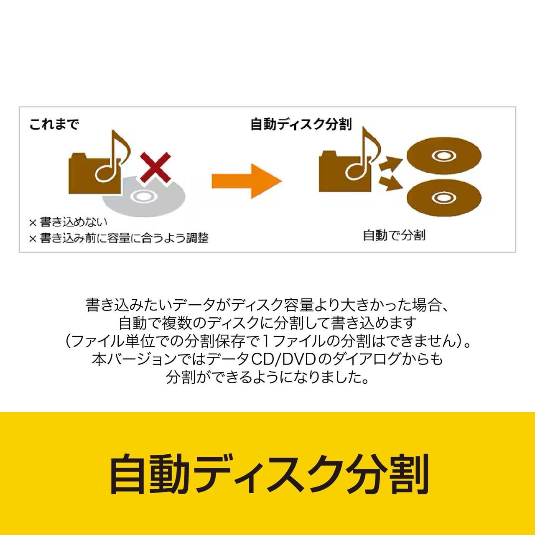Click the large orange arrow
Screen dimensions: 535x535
coord(247,181)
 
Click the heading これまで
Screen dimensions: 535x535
coord(54,124)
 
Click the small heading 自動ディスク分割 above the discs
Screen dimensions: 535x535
coord(301,124)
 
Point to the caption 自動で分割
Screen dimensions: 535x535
coord(394,235)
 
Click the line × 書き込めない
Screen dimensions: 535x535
coord(68,222)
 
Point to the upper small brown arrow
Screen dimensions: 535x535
coord(390,164)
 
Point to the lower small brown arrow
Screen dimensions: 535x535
coord(390,183)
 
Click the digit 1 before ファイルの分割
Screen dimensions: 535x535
coord(266,341)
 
